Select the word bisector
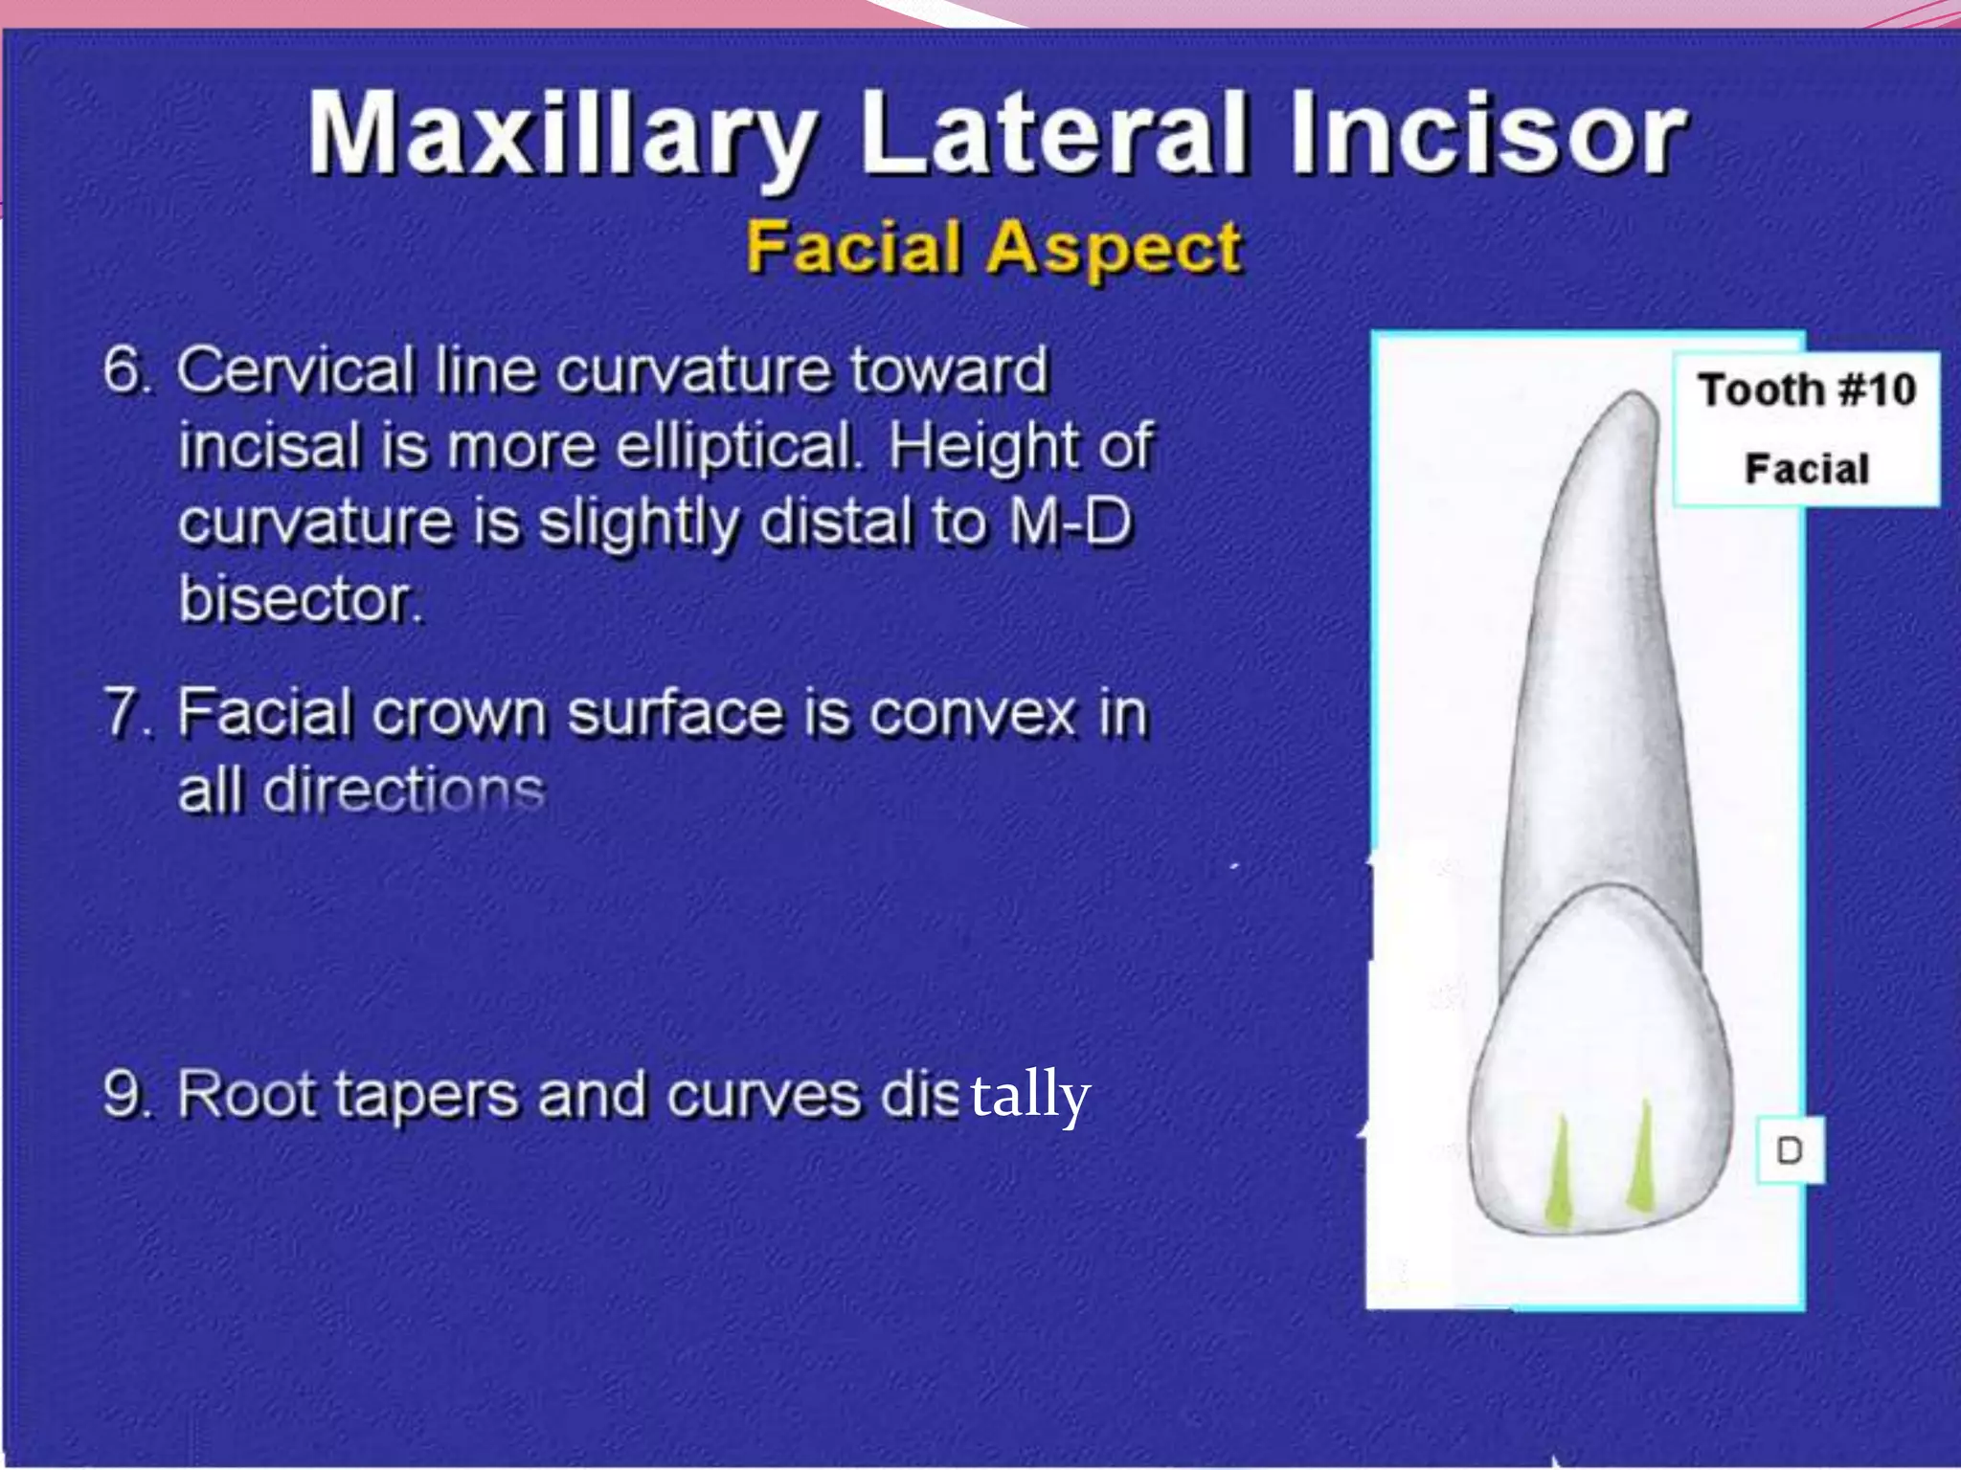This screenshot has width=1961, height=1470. (301, 599)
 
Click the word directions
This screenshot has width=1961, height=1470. (403, 791)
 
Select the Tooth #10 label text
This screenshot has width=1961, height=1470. (1806, 390)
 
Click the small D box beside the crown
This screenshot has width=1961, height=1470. (1789, 1150)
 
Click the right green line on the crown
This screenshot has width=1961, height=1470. (1643, 1158)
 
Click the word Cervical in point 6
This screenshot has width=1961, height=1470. (296, 369)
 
